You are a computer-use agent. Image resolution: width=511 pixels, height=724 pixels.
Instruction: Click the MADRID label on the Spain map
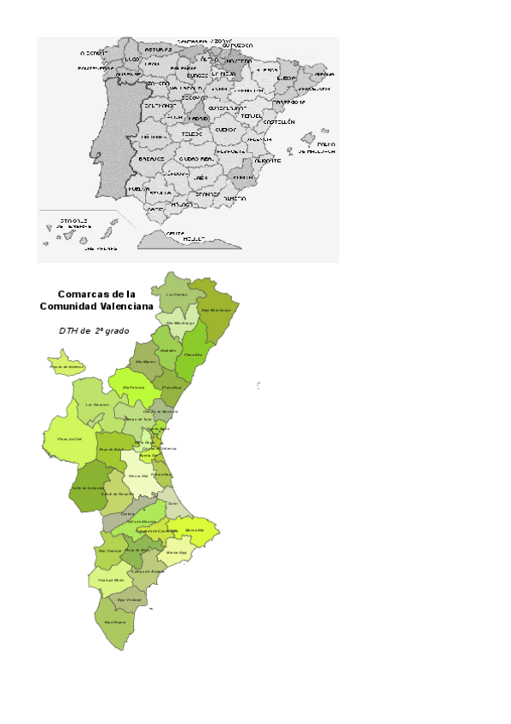[198, 119]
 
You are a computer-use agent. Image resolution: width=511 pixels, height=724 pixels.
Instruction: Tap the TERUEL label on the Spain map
[251, 116]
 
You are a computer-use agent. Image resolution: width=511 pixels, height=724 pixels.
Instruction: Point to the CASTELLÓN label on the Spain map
[279, 122]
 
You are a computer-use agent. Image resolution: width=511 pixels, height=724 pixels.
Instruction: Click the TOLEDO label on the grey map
[193, 134]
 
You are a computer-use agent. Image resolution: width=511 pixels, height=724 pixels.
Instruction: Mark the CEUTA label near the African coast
[175, 233]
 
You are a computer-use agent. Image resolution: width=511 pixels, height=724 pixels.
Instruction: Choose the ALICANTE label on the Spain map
[267, 160]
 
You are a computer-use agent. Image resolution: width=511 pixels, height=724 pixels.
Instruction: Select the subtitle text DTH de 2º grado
[94, 330]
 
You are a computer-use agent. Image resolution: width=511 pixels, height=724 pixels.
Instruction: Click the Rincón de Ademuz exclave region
[65, 365]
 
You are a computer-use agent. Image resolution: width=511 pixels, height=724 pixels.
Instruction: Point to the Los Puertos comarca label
[177, 295]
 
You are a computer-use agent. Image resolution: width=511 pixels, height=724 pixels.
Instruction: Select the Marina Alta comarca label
[194, 530]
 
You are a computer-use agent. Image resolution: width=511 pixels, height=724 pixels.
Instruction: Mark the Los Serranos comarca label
[96, 404]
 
